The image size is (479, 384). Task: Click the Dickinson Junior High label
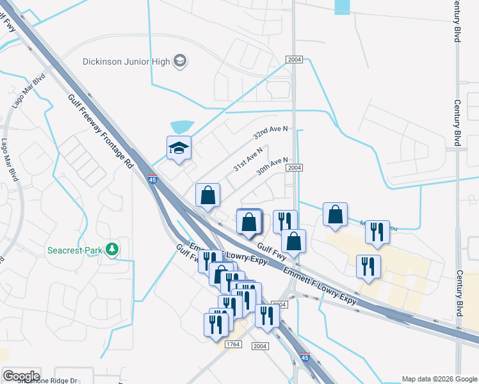[x=126, y=61]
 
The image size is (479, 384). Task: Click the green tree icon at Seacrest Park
[x=113, y=248]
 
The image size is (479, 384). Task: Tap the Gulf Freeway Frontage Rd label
[x=101, y=131]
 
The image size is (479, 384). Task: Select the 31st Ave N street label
[x=248, y=157]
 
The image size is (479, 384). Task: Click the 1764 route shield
[x=232, y=344]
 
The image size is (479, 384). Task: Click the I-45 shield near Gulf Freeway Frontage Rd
[x=152, y=180]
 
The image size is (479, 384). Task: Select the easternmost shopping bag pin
[x=335, y=216]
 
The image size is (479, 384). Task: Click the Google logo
[x=21, y=376]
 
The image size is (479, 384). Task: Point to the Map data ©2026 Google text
[x=439, y=379]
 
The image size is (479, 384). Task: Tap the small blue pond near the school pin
[x=182, y=127]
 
